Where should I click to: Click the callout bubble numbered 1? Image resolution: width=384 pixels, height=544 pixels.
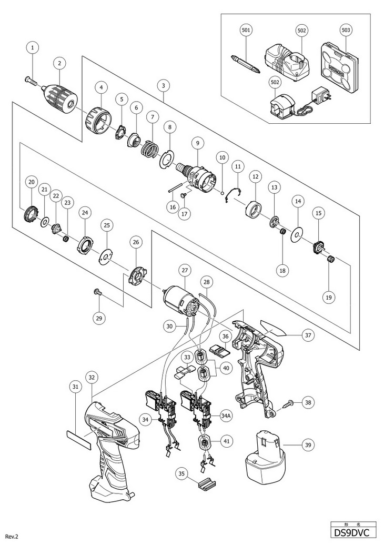[33, 47]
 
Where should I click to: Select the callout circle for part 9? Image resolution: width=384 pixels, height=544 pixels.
[197, 142]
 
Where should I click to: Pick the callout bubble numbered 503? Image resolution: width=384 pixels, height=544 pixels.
[346, 31]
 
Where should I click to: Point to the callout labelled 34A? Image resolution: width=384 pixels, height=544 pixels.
[226, 416]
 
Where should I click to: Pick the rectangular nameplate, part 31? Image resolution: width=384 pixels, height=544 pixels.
[78, 438]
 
